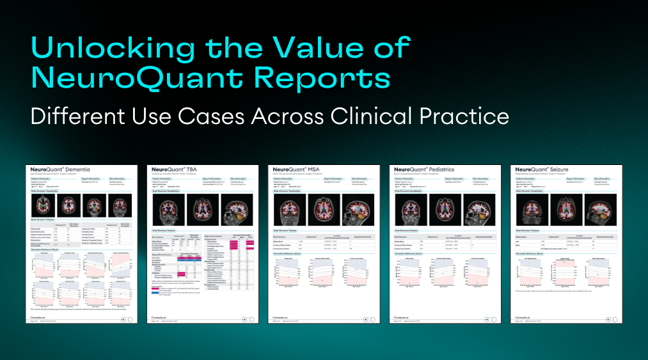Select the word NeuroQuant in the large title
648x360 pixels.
click(148, 79)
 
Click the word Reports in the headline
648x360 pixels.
click(333, 79)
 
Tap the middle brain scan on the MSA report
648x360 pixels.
click(322, 209)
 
